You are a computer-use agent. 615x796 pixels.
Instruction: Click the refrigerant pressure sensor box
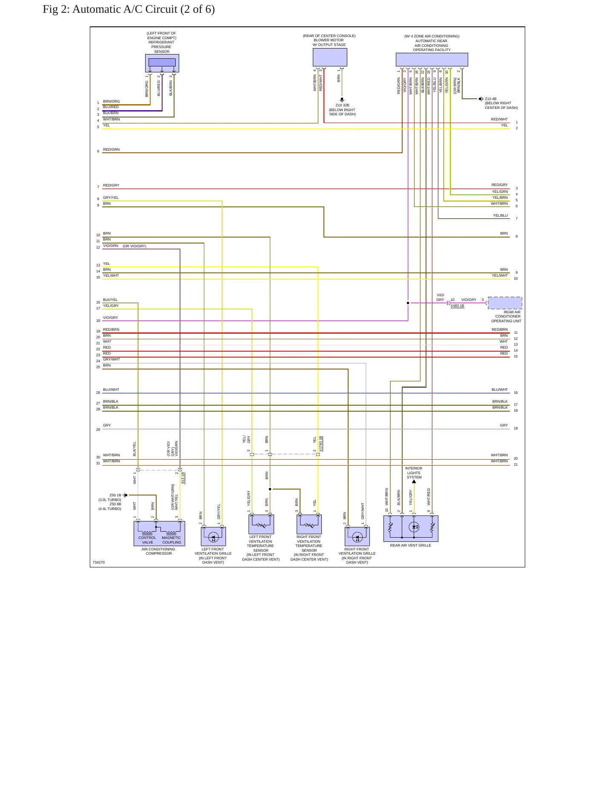[x=162, y=63]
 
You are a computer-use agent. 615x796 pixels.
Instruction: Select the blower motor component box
[x=330, y=57]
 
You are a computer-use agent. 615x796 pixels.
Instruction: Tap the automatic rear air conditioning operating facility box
[x=432, y=60]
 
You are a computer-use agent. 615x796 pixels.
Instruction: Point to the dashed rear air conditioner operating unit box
[x=505, y=303]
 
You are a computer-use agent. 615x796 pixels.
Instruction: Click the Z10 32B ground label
[x=342, y=105]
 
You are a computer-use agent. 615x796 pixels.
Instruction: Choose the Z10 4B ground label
[x=491, y=99]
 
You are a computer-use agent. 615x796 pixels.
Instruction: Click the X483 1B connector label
[x=457, y=306]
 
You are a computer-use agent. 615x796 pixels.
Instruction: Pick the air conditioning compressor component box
[x=159, y=533]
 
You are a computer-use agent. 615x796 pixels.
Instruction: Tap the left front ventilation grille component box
[x=213, y=536]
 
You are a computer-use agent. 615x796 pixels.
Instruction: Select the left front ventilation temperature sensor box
[x=261, y=524]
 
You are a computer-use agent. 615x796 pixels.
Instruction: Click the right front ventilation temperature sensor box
[x=309, y=524]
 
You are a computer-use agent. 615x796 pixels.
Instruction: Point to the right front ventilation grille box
[x=357, y=536]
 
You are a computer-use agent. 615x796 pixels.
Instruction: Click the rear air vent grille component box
[x=411, y=529]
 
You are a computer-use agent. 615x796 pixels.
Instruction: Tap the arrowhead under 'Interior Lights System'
[x=414, y=481]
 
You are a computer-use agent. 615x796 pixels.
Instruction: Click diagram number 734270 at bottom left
[x=99, y=562]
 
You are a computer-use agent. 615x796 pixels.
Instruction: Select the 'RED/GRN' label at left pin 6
[x=112, y=149]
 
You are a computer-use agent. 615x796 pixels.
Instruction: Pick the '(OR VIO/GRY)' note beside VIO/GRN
[x=134, y=246]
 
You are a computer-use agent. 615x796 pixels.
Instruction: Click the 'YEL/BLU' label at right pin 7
[x=501, y=215]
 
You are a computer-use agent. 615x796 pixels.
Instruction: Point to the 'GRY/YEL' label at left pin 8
[x=111, y=198]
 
